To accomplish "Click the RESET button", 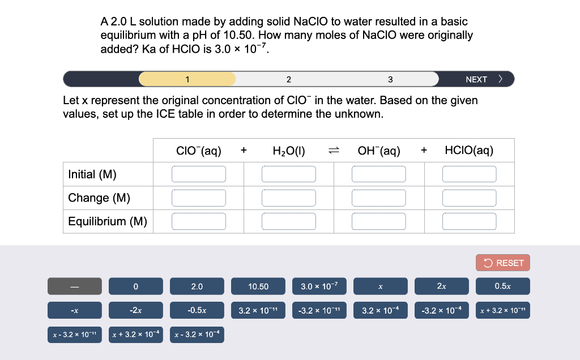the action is point(503,263).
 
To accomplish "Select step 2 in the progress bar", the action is point(288,79).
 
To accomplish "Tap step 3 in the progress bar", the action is point(390,79).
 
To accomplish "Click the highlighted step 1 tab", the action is point(187,79).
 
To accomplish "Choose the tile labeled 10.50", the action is point(258,286).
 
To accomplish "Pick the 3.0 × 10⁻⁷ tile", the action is point(319,286).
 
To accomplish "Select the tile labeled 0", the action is point(136,286).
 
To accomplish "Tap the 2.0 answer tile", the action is point(197,286).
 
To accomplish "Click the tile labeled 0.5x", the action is point(503,286).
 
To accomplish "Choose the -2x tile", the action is point(136,311).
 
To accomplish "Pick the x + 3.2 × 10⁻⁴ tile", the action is point(136,335).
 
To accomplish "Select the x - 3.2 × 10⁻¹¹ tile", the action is point(75,335).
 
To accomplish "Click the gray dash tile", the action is point(75,286).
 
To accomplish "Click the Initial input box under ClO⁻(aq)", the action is point(199,174).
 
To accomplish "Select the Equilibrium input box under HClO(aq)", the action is point(470,221).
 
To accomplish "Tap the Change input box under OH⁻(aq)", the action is point(379,198).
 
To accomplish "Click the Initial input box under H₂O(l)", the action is point(289,174).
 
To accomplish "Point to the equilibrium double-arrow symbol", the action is point(334,151).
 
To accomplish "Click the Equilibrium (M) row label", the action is point(108,221).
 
